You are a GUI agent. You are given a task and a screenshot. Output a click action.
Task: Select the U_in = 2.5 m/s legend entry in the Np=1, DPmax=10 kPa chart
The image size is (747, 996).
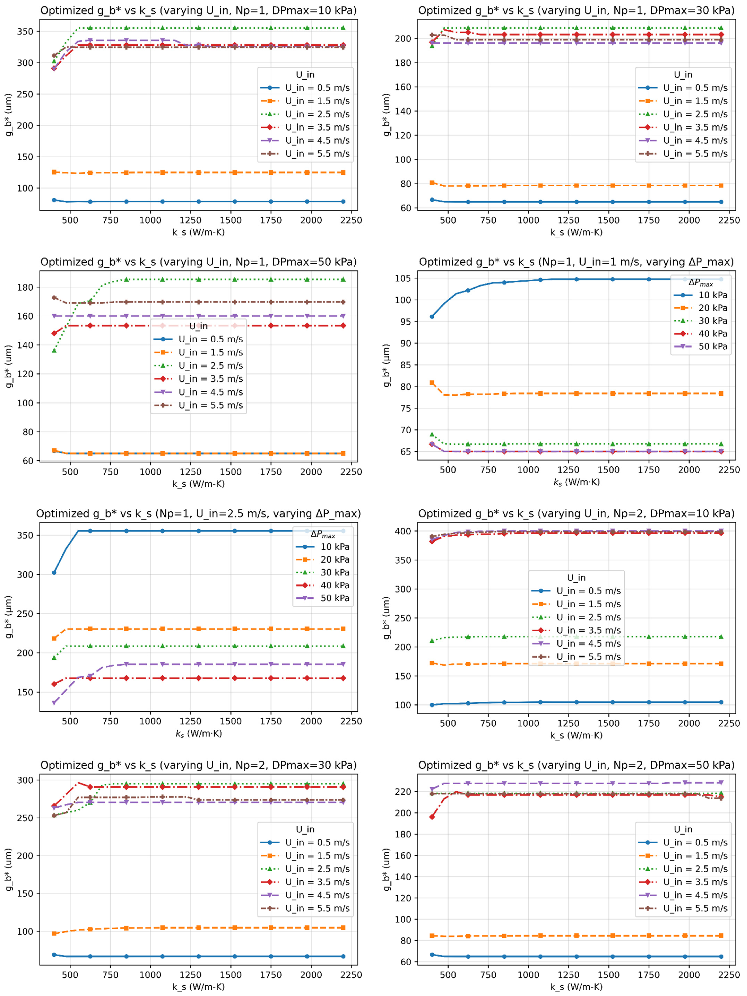point(305,114)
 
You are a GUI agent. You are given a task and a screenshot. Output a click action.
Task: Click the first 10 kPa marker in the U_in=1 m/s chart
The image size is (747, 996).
point(432,317)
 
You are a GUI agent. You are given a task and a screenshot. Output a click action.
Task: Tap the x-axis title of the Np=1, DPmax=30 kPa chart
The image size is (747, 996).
point(576,232)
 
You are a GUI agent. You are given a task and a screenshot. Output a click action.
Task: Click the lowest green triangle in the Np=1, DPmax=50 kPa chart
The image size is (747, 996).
point(54,350)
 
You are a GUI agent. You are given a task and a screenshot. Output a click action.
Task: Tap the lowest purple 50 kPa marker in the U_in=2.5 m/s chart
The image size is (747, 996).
point(54,702)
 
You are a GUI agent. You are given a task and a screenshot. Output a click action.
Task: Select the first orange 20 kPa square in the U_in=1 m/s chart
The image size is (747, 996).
point(432,383)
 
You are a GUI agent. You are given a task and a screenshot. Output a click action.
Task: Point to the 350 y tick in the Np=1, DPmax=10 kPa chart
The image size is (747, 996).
point(25,31)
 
